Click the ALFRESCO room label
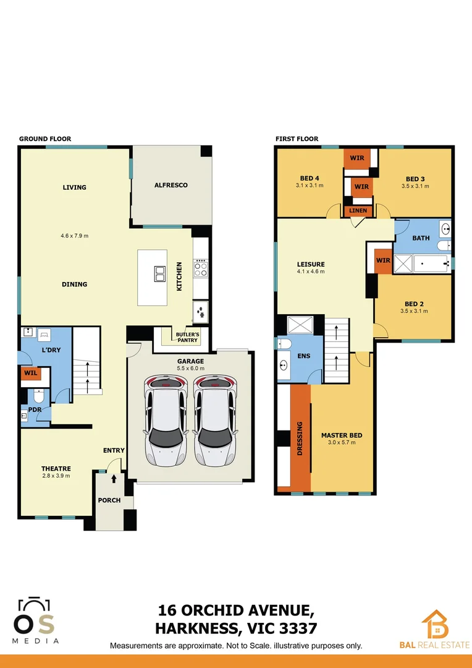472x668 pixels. click(x=171, y=185)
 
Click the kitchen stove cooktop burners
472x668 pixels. click(x=201, y=269)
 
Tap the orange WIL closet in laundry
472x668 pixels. click(x=30, y=373)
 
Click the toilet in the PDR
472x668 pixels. click(x=37, y=395)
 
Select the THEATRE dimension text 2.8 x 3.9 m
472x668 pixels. click(x=56, y=476)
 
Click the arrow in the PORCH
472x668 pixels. click(x=114, y=478)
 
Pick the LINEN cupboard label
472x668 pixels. click(x=358, y=211)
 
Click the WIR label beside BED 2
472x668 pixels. click(x=383, y=260)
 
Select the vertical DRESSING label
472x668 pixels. click(x=300, y=439)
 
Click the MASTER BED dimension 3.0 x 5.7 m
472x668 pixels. click(x=342, y=442)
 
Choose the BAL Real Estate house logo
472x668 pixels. click(x=435, y=625)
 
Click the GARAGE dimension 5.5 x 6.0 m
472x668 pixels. click(x=190, y=368)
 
